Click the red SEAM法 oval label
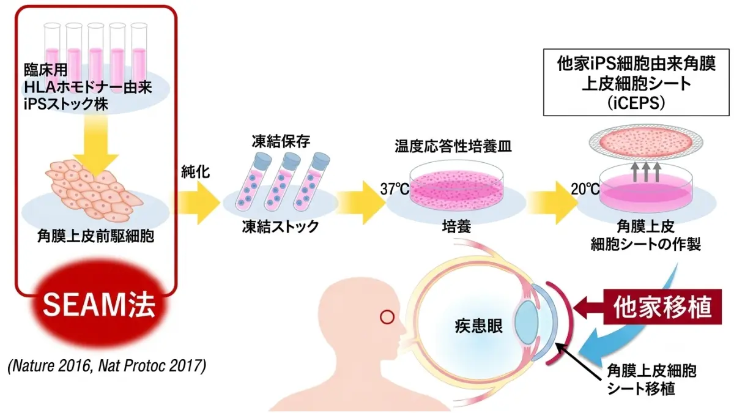(99, 305)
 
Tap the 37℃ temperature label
(395, 189)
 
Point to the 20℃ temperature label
(585, 189)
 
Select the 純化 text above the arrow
(196, 172)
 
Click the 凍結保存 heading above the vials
(281, 141)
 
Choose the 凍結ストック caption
(281, 226)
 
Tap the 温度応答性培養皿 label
(453, 146)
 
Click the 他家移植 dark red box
(662, 307)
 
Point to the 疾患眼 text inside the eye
(478, 326)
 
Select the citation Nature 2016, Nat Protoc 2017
(107, 366)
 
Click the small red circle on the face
(387, 317)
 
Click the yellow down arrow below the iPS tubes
(95, 144)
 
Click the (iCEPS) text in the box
(636, 103)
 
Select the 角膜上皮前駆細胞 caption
(95, 236)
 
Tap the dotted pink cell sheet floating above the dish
(645, 141)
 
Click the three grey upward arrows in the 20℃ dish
(646, 172)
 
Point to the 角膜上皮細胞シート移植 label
(652, 380)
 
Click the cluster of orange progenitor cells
(94, 190)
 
